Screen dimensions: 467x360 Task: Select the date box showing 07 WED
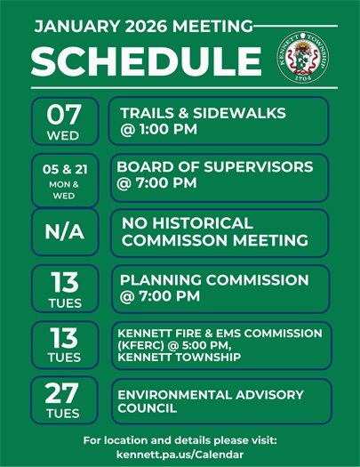63,122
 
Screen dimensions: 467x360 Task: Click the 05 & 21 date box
63,178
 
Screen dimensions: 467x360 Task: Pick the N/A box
63,231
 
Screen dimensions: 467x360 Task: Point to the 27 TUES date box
63,399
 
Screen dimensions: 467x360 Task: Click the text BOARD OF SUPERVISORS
214,167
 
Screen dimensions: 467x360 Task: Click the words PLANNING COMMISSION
214,279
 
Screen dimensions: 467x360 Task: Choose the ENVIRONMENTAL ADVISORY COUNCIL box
219,400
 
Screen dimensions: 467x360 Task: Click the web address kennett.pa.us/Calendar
180,455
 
